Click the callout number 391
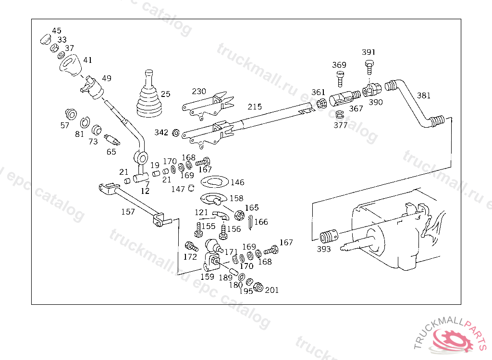click(369, 52)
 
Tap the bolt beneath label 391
click(369, 67)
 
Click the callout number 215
click(255, 107)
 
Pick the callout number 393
click(323, 249)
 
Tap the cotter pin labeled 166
click(250, 222)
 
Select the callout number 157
click(128, 212)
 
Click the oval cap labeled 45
click(46, 39)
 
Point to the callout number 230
click(199, 91)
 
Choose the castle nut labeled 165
click(239, 215)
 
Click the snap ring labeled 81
click(85, 122)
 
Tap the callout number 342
click(161, 132)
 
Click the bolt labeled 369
click(340, 79)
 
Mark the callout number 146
click(237, 182)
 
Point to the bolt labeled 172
click(192, 246)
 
